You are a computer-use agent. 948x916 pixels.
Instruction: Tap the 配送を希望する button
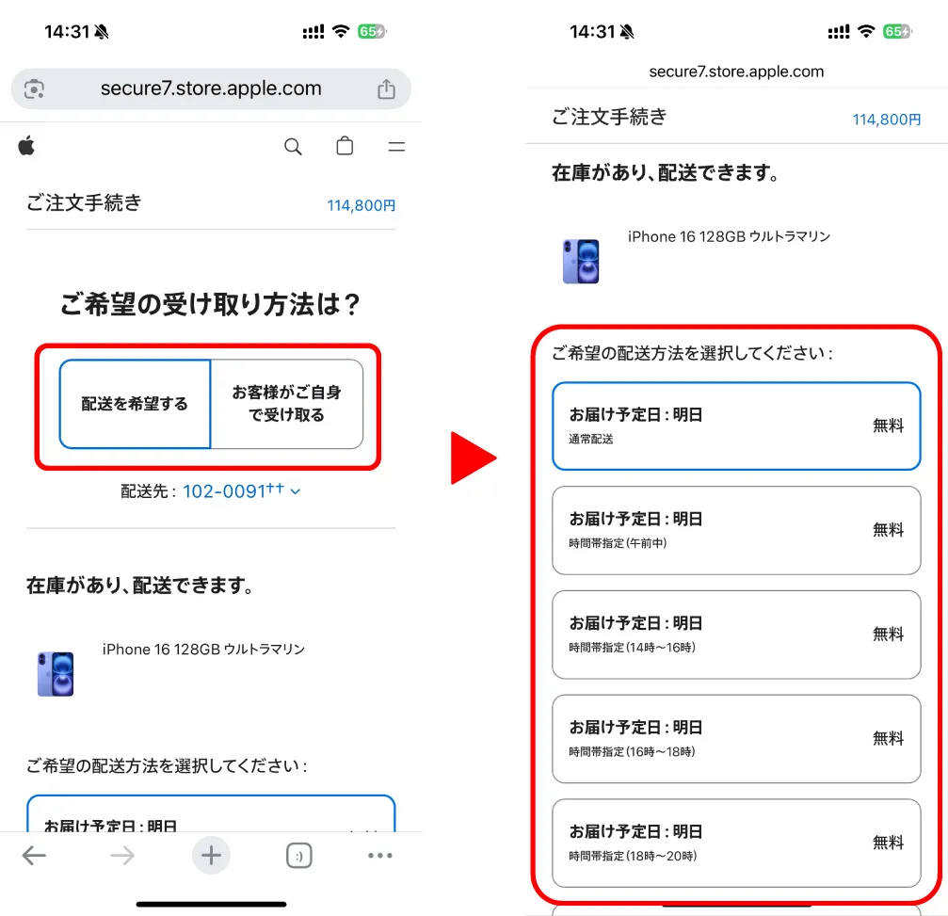pyautogui.click(x=135, y=404)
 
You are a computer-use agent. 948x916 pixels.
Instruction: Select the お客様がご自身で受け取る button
pyautogui.click(x=286, y=404)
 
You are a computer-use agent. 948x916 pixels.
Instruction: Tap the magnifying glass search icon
pyautogui.click(x=293, y=147)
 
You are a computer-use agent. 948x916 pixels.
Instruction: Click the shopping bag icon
pyautogui.click(x=345, y=147)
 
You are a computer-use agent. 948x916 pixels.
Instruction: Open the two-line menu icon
pyautogui.click(x=396, y=147)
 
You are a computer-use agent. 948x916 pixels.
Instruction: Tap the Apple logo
pyautogui.click(x=26, y=145)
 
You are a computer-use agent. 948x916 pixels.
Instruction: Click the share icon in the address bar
pyautogui.click(x=386, y=89)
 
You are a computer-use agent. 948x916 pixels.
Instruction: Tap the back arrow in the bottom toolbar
pyautogui.click(x=34, y=855)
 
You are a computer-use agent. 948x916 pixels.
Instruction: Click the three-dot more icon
pyautogui.click(x=379, y=855)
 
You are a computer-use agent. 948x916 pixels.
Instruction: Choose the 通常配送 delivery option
pyautogui.click(x=735, y=426)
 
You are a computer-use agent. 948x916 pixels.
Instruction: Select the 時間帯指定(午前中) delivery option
pyautogui.click(x=735, y=530)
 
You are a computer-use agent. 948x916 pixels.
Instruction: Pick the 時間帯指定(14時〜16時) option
pyautogui.click(x=735, y=635)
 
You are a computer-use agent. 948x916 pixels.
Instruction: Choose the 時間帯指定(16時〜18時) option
pyautogui.click(x=735, y=739)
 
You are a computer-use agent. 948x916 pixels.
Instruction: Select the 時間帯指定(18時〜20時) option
pyautogui.click(x=735, y=844)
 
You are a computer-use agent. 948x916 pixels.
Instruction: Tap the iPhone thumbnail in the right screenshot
pyautogui.click(x=581, y=261)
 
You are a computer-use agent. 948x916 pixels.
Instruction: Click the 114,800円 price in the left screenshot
pyautogui.click(x=362, y=205)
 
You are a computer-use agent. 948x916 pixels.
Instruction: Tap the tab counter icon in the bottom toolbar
pyautogui.click(x=298, y=855)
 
